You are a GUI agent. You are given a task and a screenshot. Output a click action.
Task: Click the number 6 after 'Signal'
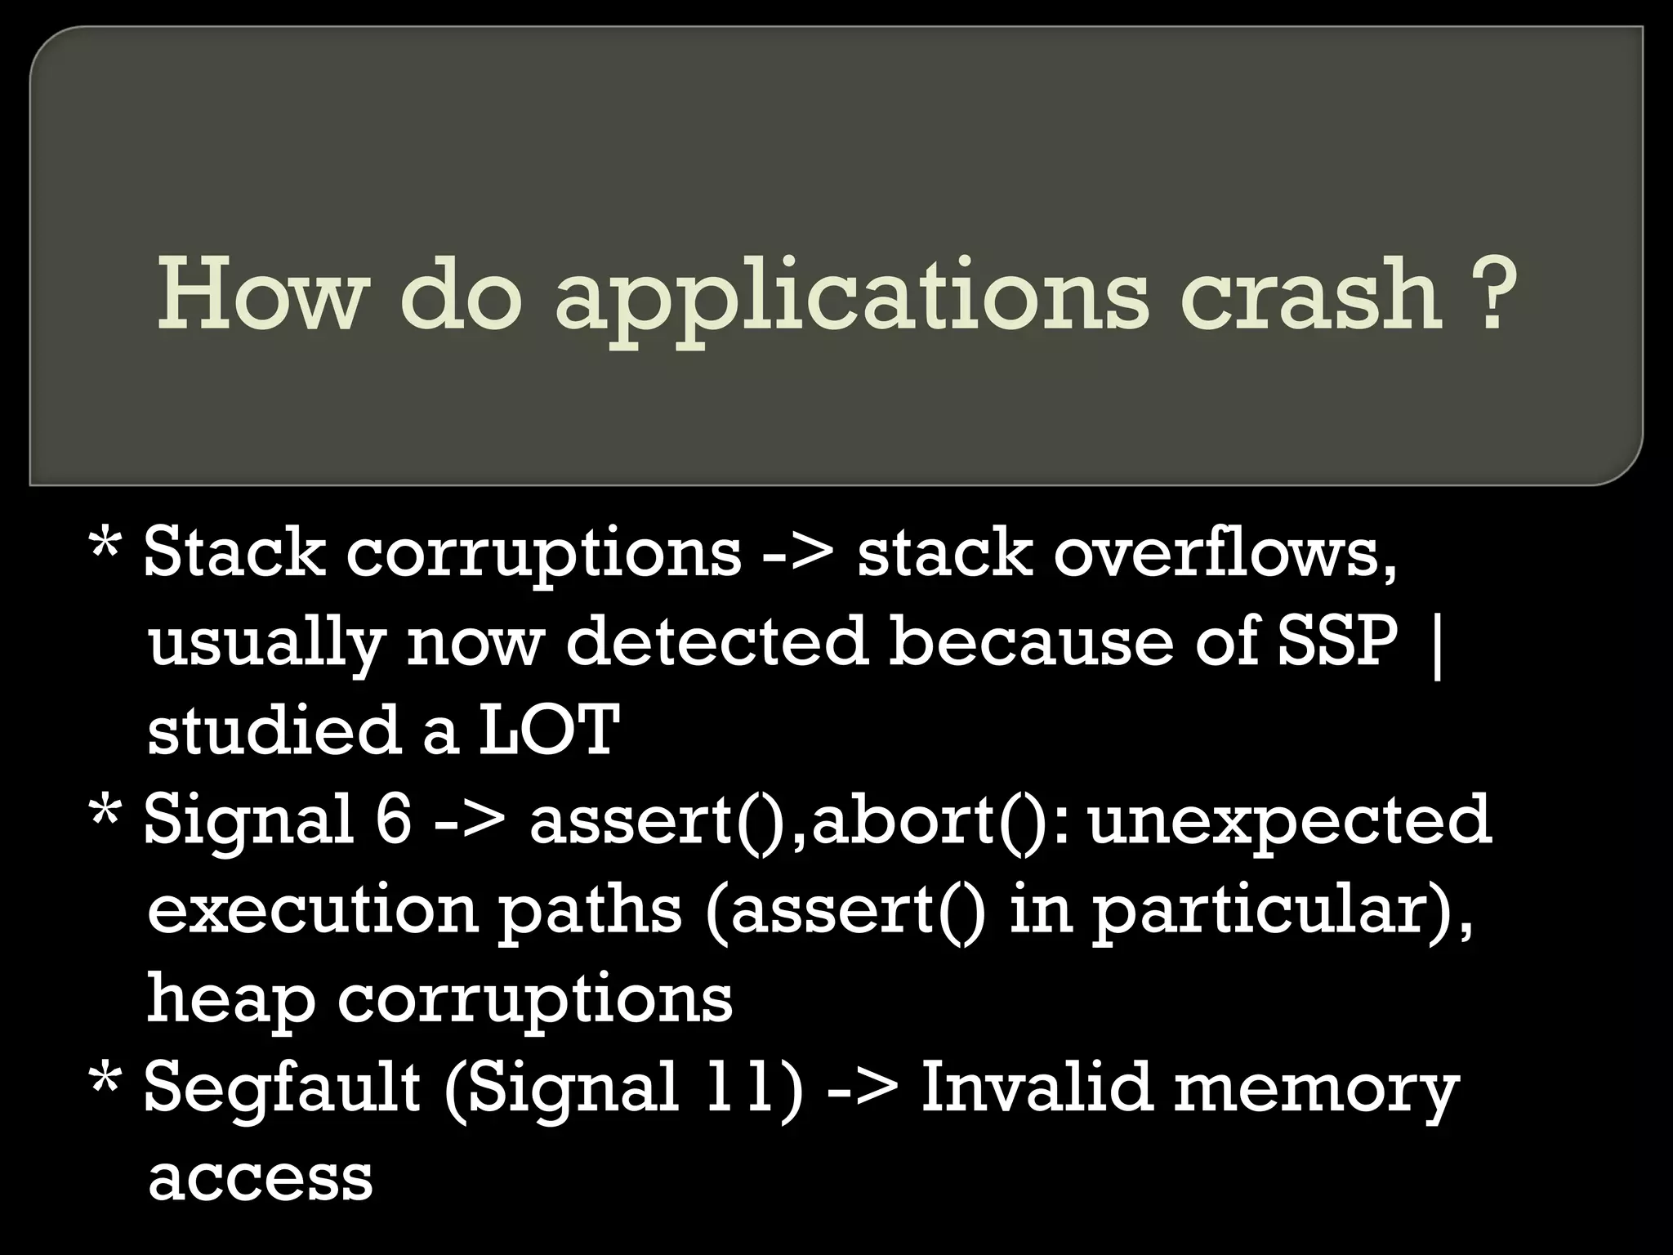pyautogui.click(x=393, y=820)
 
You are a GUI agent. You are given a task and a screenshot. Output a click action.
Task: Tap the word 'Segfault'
pyautogui.click(x=282, y=1090)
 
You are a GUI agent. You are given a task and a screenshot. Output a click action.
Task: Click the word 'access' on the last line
pyautogui.click(x=260, y=1180)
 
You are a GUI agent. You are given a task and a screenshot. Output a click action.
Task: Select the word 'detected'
pyautogui.click(x=716, y=642)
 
